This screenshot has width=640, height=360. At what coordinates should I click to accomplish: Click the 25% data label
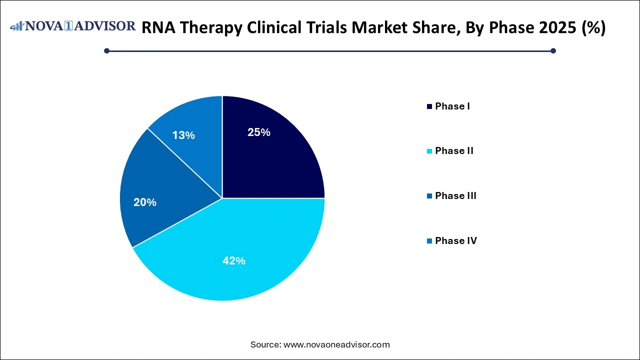pos(259,132)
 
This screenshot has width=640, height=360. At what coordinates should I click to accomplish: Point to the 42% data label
pos(234,260)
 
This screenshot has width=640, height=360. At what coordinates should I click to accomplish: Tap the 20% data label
pos(145,202)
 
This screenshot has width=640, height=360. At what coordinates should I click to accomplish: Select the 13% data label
pos(183,135)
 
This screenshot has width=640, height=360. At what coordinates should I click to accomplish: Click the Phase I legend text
pos(452,106)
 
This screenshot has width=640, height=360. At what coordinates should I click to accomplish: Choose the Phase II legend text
pos(454,150)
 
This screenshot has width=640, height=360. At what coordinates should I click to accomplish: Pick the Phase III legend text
pos(455,195)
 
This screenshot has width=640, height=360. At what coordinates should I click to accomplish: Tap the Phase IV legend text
pos(455,240)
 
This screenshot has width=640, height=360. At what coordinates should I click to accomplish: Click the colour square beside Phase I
pos(429,106)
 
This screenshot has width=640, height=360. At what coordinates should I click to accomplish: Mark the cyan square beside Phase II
pos(429,151)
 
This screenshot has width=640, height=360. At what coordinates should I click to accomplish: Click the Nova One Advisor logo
pos(73,26)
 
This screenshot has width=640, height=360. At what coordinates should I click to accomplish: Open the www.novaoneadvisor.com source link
pos(336,344)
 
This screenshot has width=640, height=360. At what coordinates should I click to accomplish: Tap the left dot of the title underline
pos(106,50)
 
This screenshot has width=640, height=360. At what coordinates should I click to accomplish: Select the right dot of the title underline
pos(553,50)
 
